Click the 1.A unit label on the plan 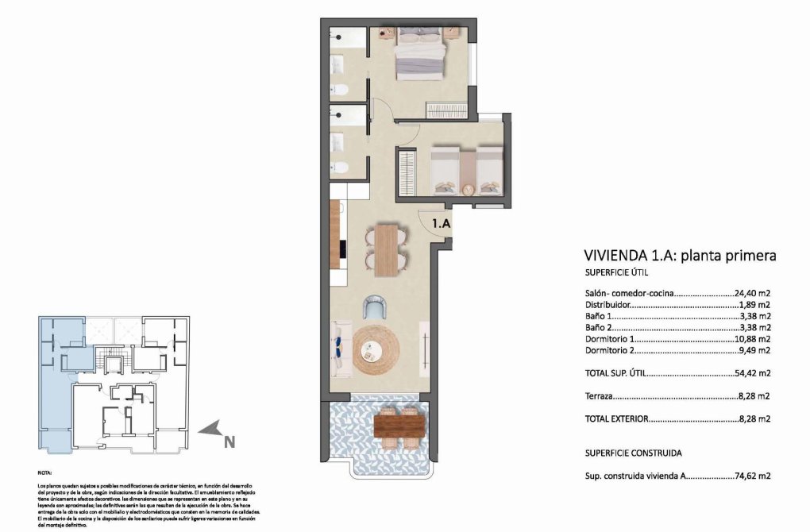click(x=442, y=224)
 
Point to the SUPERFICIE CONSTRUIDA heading click(x=633, y=453)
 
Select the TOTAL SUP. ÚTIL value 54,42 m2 click(x=752, y=372)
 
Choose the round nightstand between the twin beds click(x=467, y=188)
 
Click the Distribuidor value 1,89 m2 click(x=754, y=304)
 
